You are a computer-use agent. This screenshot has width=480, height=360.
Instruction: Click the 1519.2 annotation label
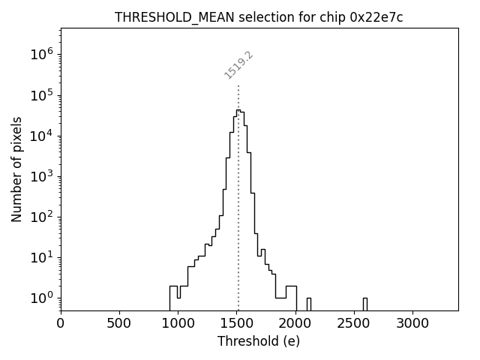coord(239,65)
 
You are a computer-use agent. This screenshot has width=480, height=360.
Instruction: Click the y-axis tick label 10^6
coord(42,55)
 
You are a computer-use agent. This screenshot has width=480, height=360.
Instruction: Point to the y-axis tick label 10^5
coord(42,95)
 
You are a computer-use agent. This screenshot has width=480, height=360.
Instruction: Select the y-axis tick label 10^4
coord(42,136)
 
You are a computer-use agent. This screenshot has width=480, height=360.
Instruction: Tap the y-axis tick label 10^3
coord(42,176)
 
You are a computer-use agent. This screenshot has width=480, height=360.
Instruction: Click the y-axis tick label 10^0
coord(42,298)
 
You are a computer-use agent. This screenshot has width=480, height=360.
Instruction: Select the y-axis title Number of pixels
coord(17,169)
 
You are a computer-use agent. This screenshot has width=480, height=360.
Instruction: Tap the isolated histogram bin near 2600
coord(365,304)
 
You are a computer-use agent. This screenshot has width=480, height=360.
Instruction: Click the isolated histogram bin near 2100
coord(309,304)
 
